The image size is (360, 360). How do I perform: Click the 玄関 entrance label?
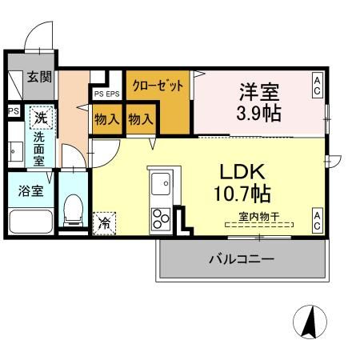pos(39,78)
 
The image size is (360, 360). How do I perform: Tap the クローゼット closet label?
pos(158,85)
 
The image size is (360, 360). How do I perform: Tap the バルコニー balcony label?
pos(242,259)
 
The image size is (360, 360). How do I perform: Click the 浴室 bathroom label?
pos(21,191)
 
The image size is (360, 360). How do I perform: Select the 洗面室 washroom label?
pos(38,147)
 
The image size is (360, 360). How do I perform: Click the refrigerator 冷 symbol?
pos(105,222)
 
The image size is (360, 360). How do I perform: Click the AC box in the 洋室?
pos(318,86)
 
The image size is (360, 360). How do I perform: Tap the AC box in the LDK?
pos(318,222)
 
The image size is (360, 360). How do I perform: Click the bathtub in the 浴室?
pos(30,221)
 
